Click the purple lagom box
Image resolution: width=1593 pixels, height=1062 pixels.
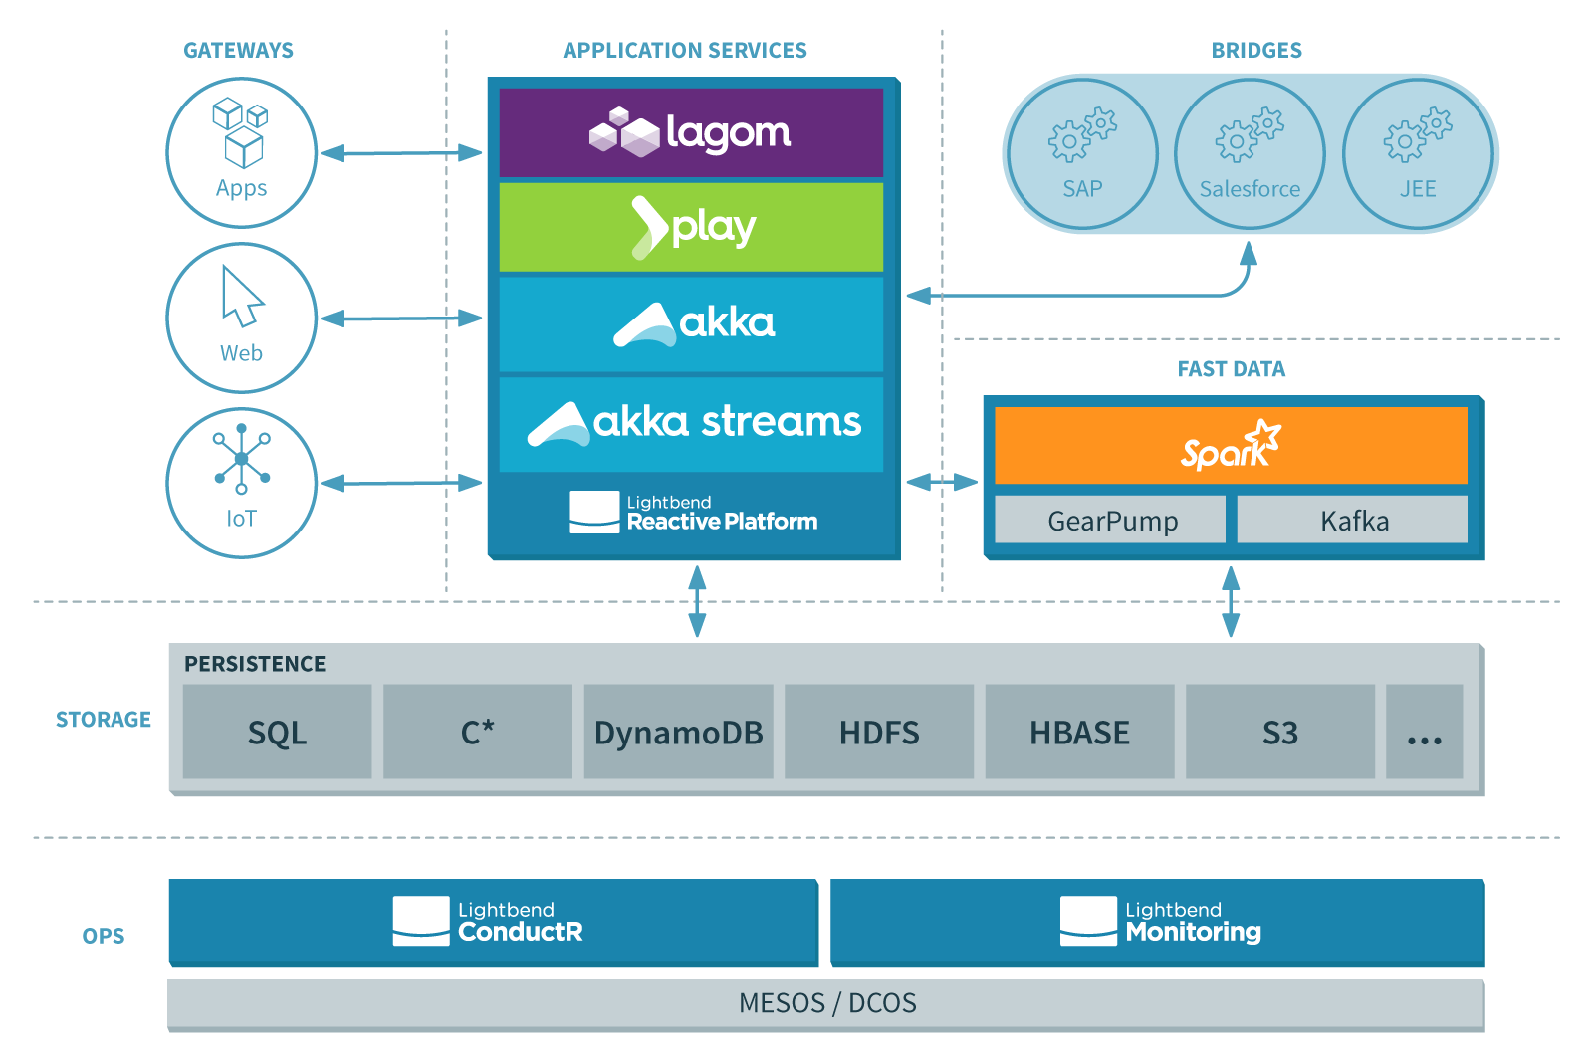[691, 132]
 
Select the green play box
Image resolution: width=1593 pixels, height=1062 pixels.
[691, 227]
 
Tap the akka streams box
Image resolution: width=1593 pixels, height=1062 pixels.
[691, 423]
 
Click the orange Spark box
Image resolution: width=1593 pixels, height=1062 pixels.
[1231, 445]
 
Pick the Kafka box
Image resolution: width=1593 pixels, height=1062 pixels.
[1352, 520]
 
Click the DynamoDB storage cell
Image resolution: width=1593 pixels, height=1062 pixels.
[678, 732]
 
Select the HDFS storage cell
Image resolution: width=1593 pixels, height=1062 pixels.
[879, 732]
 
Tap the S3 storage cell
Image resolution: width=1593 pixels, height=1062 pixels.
[1279, 732]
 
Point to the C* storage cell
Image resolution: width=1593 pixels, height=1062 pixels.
[477, 732]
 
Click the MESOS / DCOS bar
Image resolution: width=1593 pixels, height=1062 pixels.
[826, 1003]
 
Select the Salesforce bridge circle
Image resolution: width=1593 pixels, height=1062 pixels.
[1250, 154]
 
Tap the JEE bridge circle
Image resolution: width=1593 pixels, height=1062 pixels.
[1418, 154]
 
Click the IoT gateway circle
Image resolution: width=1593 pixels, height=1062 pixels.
[242, 483]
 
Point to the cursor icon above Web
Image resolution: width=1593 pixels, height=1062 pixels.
[241, 297]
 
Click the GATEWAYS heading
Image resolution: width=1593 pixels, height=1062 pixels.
[238, 50]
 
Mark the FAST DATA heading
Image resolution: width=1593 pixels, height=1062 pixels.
[1231, 369]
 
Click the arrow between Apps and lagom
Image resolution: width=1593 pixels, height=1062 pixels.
[401, 153]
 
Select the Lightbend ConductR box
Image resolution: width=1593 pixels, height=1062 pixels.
[493, 922]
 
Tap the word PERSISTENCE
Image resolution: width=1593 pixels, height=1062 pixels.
[255, 664]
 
